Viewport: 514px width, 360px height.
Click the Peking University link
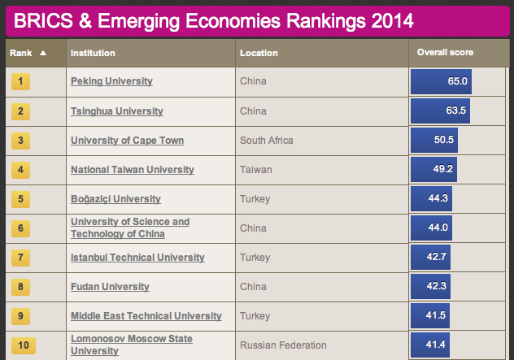111,81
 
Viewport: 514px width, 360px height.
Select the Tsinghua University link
116,111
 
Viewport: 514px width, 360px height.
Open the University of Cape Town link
127,141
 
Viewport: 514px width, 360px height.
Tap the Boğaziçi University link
115,199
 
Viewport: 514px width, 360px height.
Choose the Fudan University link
110,287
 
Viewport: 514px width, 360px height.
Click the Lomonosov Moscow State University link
131,345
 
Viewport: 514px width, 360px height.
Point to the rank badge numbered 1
20,81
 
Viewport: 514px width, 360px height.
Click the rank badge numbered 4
20,170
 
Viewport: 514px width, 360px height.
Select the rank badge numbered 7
20,258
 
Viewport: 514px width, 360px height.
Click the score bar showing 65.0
442,82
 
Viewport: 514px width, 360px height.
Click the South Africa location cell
266,141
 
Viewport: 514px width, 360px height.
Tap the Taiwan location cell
256,170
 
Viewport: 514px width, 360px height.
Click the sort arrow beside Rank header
43,53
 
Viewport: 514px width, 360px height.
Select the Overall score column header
445,53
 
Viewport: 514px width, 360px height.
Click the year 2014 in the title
385,20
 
